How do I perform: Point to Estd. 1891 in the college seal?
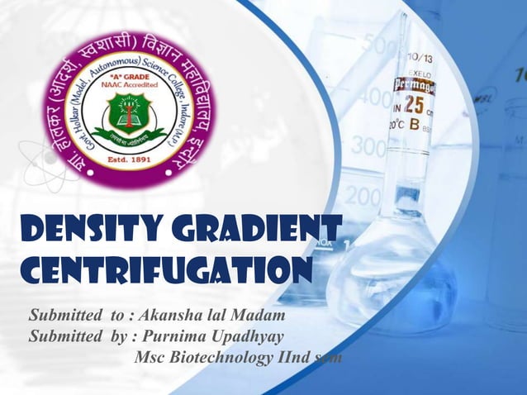tap(125, 159)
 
